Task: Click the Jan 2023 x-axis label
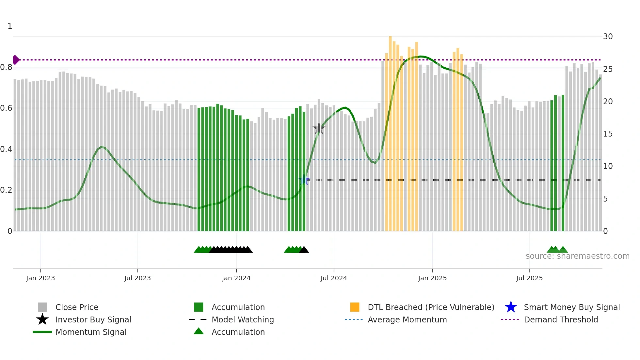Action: point(40,278)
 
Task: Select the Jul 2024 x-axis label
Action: point(334,278)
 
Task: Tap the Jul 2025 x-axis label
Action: point(529,278)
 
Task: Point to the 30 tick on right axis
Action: point(608,37)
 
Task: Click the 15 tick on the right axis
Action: point(608,134)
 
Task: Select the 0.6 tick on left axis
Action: point(6,108)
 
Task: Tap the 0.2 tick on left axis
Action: point(6,190)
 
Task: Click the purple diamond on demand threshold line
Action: point(16,60)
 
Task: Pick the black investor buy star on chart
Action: point(319,128)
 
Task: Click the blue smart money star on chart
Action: point(304,180)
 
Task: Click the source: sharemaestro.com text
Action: point(577,256)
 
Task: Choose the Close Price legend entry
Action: point(77,307)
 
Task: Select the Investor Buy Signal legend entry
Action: point(93,319)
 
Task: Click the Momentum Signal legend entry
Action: point(91,332)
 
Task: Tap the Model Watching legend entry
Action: point(243,319)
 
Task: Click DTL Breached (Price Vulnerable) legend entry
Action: point(431,307)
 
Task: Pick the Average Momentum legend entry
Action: point(407,319)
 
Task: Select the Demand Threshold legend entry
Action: point(561,319)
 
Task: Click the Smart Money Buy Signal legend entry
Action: point(571,307)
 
